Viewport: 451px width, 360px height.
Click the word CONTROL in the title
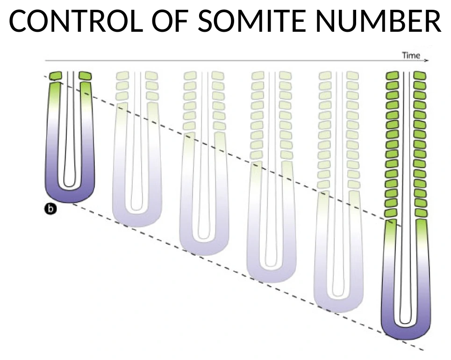tap(76, 21)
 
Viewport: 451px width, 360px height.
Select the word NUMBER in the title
tap(379, 21)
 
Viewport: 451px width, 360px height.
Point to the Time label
tap(411, 55)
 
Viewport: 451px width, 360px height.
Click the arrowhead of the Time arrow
tap(427, 60)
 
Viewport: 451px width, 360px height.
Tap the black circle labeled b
tap(50, 209)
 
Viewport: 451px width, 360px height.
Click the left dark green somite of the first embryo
tap(55, 76)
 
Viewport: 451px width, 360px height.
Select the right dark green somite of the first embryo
tap(85, 76)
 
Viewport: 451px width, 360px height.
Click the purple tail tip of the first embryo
tap(70, 196)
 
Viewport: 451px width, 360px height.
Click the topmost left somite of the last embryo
tap(392, 76)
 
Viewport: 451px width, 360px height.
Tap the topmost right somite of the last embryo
tap(420, 76)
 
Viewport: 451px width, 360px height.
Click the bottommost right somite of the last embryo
tap(421, 213)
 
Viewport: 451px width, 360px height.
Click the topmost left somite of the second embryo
tap(122, 76)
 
